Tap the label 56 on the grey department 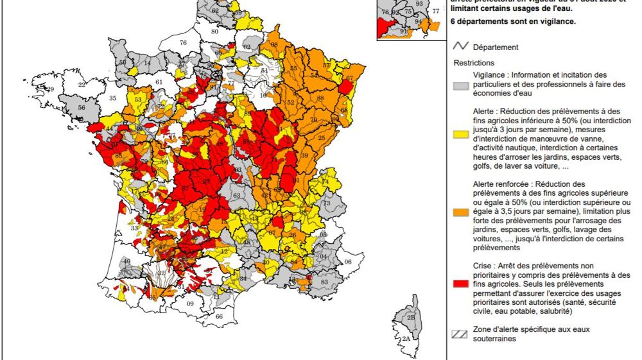[x=82, y=108]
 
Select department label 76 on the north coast [x=183, y=43]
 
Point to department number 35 [x=113, y=98]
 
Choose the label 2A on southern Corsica [x=406, y=338]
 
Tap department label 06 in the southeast [x=349, y=262]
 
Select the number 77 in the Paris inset [x=437, y=11]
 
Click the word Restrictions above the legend [x=474, y=64]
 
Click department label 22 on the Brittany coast [x=82, y=85]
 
